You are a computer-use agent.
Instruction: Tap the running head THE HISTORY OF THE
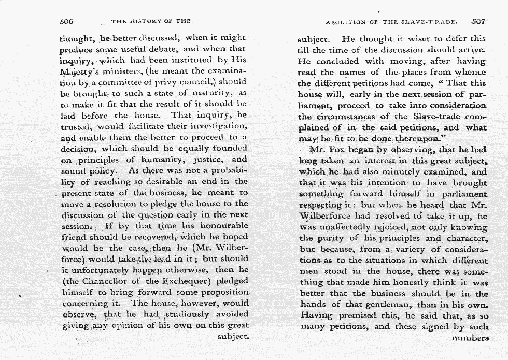tap(151, 22)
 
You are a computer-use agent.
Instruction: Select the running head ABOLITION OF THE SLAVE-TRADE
tap(391, 22)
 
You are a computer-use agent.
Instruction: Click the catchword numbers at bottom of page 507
tap(470, 338)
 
